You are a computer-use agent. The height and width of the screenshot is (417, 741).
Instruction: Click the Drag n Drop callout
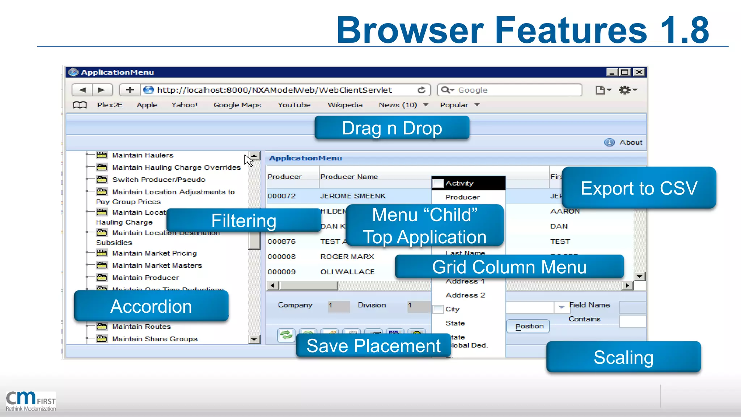[392, 128]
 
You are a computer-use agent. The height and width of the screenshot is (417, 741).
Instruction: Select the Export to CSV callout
[639, 188]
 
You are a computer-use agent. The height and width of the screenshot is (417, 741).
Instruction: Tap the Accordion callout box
[151, 306]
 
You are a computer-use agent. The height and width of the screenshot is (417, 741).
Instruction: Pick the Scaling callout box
[623, 357]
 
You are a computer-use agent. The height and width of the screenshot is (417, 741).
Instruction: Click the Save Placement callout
[373, 346]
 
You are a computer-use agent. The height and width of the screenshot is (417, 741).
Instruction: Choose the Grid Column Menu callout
[509, 267]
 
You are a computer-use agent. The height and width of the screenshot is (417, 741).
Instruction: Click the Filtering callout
[244, 220]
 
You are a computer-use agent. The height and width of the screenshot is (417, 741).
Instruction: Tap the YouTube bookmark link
[294, 105]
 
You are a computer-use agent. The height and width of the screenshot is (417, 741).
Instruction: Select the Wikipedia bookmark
[345, 105]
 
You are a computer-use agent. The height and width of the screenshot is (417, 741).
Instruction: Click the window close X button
[639, 72]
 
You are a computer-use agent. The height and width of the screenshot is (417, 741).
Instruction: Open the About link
[631, 143]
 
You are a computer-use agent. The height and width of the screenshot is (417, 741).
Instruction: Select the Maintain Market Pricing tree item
[154, 253]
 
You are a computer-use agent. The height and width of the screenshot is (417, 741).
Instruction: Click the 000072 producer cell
[282, 196]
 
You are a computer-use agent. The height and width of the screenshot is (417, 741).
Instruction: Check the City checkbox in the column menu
[438, 309]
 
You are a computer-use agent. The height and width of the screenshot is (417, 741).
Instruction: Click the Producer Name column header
[349, 177]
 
